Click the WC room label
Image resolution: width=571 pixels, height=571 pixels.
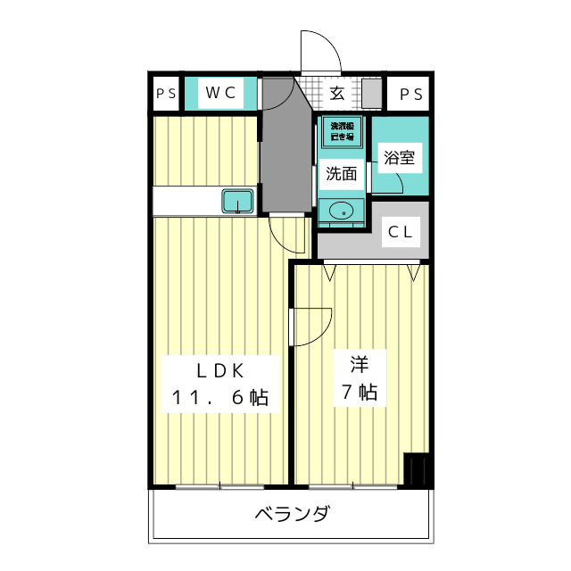(220, 92)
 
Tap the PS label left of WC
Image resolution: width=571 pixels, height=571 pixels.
(165, 93)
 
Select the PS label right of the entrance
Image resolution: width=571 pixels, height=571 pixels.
(410, 93)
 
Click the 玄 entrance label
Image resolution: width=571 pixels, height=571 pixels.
(337, 92)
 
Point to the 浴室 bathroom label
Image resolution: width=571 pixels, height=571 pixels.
(399, 158)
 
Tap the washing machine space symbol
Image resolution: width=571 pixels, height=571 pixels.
(342, 133)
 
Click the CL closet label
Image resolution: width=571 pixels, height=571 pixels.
(400, 233)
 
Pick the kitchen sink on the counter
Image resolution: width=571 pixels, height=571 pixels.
(238, 202)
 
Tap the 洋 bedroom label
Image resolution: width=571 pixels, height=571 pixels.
(359, 364)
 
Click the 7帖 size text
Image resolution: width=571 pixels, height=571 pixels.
(358, 393)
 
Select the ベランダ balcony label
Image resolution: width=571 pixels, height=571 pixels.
(292, 515)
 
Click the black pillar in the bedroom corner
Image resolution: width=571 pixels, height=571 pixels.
(416, 469)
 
